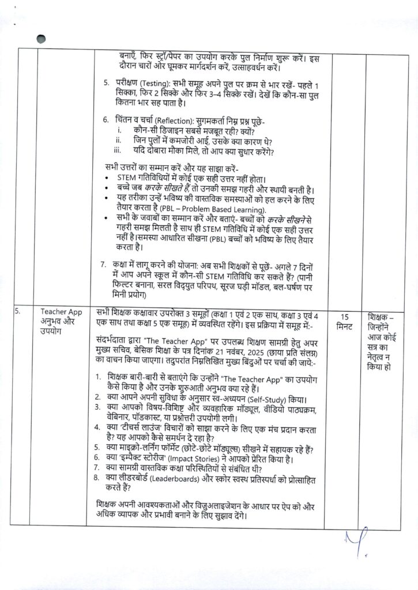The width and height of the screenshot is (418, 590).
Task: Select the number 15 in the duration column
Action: pos(345,317)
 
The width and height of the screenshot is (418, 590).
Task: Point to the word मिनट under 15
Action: pos(345,327)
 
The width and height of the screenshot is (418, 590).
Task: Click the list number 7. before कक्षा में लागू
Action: pos(103,264)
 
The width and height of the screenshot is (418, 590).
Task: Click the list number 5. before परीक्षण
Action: pos(107,83)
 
